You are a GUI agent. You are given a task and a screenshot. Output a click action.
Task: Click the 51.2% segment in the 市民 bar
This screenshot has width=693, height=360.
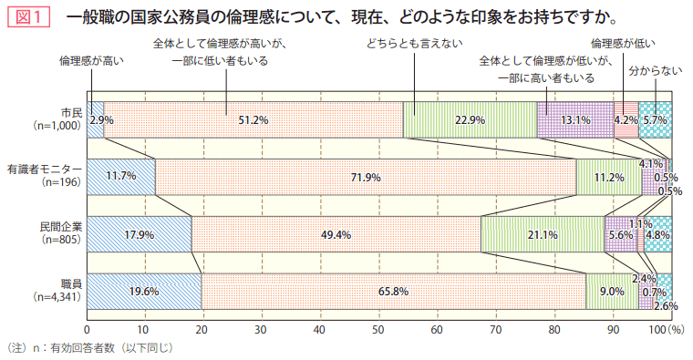click(253, 119)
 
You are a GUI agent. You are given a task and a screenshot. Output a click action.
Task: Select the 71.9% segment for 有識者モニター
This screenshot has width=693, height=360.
click(366, 177)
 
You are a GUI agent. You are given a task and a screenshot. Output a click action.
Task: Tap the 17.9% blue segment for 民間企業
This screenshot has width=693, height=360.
click(139, 234)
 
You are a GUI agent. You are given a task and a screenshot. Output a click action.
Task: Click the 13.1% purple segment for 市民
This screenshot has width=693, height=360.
click(574, 119)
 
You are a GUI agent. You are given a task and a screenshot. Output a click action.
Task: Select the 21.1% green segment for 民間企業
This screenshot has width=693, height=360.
click(543, 234)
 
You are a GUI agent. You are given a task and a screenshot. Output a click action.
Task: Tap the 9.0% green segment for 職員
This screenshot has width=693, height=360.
click(612, 292)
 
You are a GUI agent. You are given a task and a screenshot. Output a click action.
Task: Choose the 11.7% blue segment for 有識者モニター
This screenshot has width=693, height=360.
click(120, 177)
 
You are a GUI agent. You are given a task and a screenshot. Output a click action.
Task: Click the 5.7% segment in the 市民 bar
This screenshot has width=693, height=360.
click(655, 119)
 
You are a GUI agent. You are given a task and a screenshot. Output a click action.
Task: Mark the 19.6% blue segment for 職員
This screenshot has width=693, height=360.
click(143, 292)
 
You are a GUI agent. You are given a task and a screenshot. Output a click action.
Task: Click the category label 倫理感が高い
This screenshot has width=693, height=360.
click(91, 60)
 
